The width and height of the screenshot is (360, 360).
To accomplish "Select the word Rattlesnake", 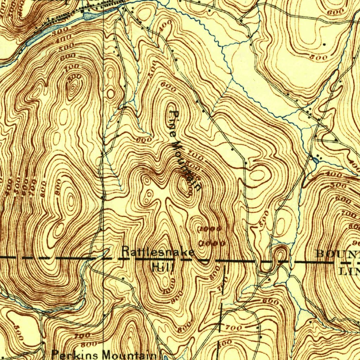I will pyautogui.click(x=157, y=252).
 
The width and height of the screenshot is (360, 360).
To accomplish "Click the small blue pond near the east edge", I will pyautogui.click(x=315, y=160).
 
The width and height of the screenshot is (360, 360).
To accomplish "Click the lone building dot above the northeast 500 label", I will pyautogui.click(x=324, y=44).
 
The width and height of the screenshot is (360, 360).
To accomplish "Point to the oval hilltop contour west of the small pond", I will pyautogui.click(x=257, y=175).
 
